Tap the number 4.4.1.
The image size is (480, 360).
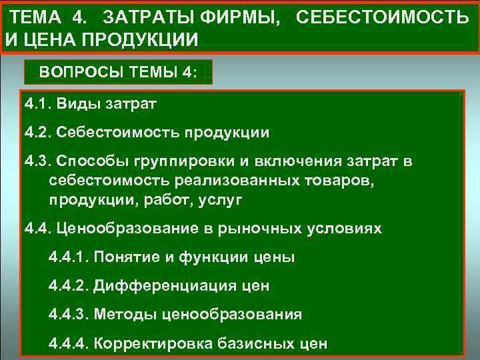69,257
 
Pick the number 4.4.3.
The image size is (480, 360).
69,314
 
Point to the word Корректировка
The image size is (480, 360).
151,343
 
